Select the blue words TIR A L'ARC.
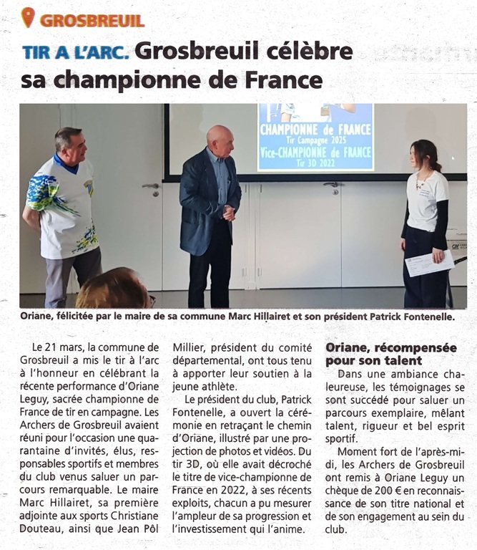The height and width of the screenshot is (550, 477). pyautogui.click(x=75, y=52)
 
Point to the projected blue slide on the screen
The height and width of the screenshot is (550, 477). pyautogui.click(x=315, y=137)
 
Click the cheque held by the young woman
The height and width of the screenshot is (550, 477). pyautogui.click(x=429, y=264)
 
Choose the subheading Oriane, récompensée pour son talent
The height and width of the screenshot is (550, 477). pyautogui.click(x=390, y=354)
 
